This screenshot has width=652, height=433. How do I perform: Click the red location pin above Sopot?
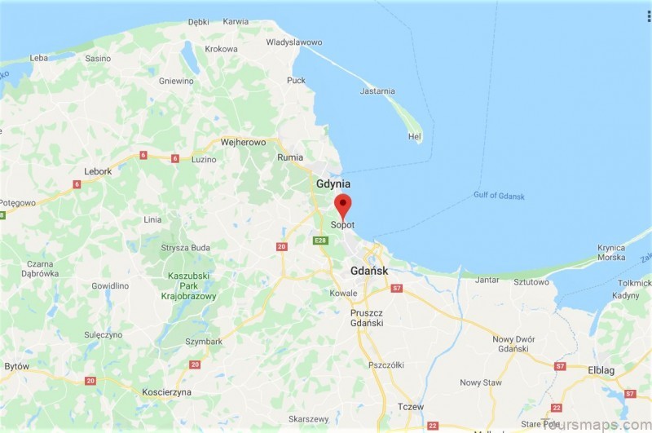click(343, 204)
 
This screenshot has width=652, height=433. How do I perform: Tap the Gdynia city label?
click(333, 184)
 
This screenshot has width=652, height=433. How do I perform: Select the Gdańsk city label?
click(369, 271)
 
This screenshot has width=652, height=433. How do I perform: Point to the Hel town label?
click(415, 137)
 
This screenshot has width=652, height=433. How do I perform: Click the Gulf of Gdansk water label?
click(499, 196)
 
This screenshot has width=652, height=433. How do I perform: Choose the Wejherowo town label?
click(244, 142)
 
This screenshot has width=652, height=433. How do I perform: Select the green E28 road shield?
click(319, 240)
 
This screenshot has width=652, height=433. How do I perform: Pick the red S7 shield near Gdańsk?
click(397, 289)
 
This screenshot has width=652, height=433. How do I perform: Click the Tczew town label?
click(410, 406)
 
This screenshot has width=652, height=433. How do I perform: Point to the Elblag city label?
click(601, 370)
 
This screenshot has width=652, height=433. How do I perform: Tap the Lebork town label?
click(98, 171)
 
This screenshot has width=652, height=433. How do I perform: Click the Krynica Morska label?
click(610, 253)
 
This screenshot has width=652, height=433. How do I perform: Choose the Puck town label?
click(296, 80)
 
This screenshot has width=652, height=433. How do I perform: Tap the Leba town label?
click(39, 59)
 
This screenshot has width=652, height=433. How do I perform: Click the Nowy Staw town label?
click(481, 382)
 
